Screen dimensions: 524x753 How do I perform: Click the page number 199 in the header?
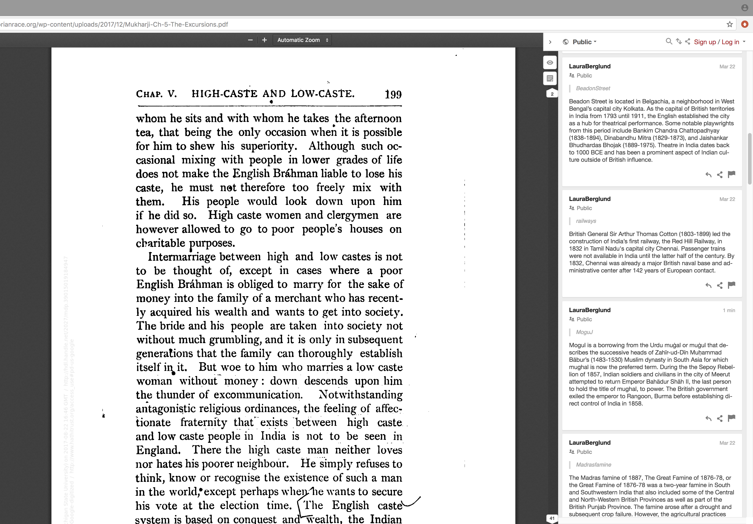393,94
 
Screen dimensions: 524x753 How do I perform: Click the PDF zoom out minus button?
250,40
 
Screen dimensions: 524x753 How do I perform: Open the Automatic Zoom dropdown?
302,40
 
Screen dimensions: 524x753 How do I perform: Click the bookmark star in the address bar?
729,24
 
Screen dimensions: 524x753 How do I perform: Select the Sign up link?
705,42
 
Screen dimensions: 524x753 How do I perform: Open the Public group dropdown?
584,42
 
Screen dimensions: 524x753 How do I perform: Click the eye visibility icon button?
550,63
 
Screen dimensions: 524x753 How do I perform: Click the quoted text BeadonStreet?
593,88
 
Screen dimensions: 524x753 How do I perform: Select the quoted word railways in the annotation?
586,221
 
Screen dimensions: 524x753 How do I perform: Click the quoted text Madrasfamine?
593,465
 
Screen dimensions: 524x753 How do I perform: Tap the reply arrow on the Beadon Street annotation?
708,175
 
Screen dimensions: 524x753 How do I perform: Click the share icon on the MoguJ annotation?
720,418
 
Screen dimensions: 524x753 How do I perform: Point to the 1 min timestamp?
729,310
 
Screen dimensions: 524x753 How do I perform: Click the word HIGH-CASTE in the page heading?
225,94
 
